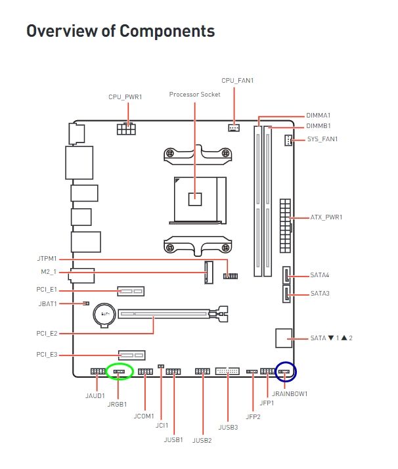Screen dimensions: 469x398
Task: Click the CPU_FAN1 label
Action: tap(237, 81)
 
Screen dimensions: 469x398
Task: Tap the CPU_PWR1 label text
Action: tap(125, 97)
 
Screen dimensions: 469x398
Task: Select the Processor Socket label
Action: tap(194, 95)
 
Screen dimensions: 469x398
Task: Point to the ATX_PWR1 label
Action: tap(326, 217)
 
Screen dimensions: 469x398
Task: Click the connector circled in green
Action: tap(120, 371)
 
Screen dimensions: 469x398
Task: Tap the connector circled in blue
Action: tap(286, 372)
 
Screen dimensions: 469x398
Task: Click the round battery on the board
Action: tap(104, 312)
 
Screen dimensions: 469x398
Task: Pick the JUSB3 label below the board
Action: tap(228, 427)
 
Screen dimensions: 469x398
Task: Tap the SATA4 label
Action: tap(319, 275)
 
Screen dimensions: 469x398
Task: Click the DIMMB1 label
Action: tap(319, 126)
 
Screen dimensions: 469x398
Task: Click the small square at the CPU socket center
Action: tap(194, 196)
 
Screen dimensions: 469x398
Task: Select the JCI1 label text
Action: tap(162, 426)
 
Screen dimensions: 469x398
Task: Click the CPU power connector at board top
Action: tap(125, 128)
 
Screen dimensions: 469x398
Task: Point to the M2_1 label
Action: tap(49, 272)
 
